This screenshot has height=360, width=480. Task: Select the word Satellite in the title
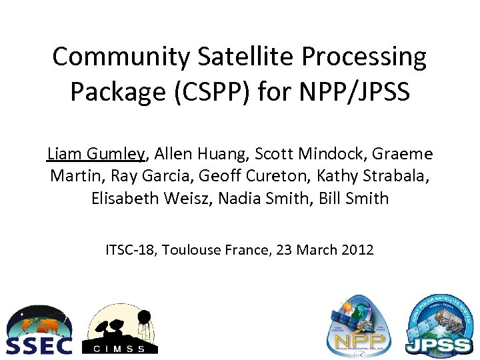click(229, 57)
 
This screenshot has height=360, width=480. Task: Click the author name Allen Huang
click(199, 155)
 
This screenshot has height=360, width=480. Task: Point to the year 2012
click(357, 250)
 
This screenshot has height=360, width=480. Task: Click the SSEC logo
click(39, 331)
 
